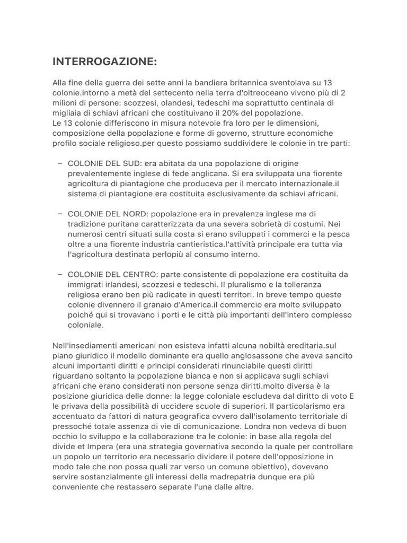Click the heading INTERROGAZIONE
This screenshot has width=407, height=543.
105,62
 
